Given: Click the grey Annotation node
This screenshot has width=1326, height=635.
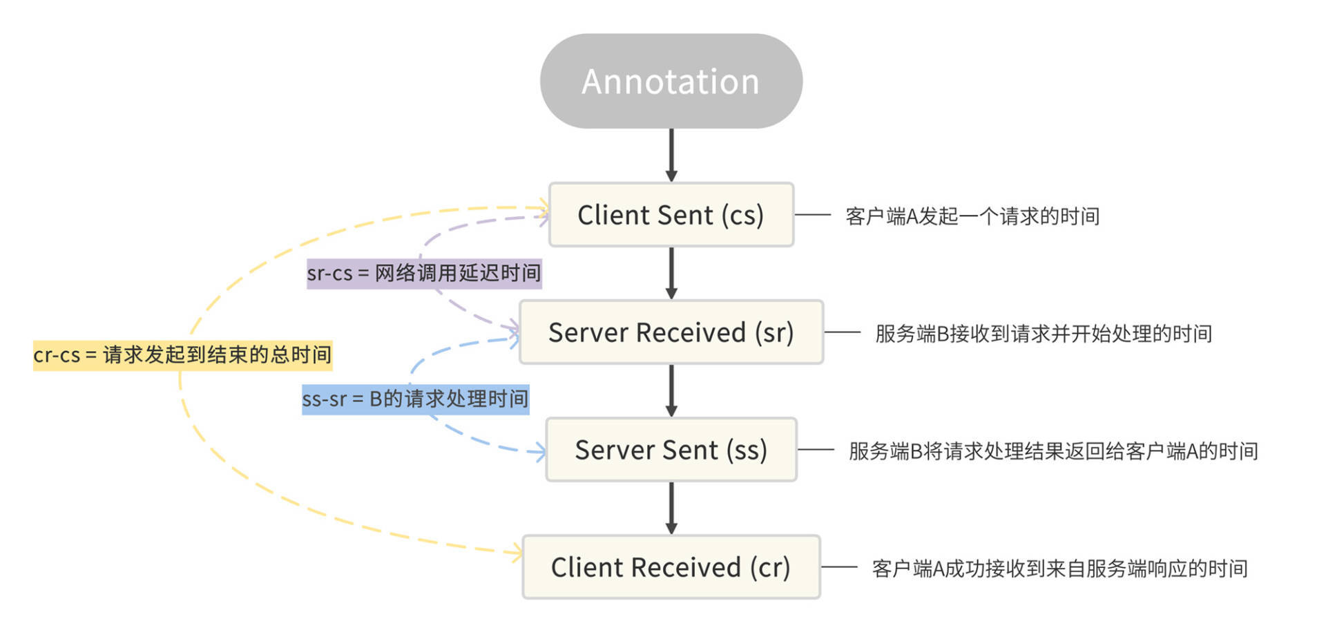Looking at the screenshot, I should pyautogui.click(x=671, y=81).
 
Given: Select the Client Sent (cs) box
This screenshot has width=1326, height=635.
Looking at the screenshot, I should pyautogui.click(x=671, y=215).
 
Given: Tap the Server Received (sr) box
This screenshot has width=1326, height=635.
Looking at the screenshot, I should pyautogui.click(x=671, y=332).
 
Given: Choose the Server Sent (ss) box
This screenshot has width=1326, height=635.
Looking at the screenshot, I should pyautogui.click(x=671, y=450).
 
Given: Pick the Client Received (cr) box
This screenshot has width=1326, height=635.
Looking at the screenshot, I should pyautogui.click(x=671, y=567).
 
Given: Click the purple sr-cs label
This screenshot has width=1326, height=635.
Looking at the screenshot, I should pyautogui.click(x=424, y=274).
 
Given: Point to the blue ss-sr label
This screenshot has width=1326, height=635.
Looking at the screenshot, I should pyautogui.click(x=415, y=399).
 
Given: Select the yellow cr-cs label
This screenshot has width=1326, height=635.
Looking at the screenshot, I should pyautogui.click(x=182, y=355).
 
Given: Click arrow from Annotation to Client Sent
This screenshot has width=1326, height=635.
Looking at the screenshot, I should pyautogui.click(x=671, y=155).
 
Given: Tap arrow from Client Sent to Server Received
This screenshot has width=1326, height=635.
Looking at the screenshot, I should pyautogui.click(x=671, y=273).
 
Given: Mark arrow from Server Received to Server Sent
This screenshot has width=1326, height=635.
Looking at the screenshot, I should pyautogui.click(x=671, y=390).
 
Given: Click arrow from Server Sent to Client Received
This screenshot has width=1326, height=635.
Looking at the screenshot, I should pyautogui.click(x=671, y=508).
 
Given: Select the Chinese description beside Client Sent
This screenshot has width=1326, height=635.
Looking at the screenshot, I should pyautogui.click(x=972, y=216).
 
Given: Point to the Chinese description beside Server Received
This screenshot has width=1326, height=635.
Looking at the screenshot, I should pyautogui.click(x=1043, y=334).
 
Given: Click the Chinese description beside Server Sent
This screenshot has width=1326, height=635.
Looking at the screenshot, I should pyautogui.click(x=1053, y=451).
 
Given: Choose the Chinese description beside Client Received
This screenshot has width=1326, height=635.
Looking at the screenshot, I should pyautogui.click(x=1059, y=569).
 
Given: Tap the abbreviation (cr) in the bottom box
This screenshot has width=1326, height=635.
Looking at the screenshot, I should pyautogui.click(x=770, y=567).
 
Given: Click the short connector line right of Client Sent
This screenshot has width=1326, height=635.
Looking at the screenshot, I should pyautogui.click(x=813, y=215).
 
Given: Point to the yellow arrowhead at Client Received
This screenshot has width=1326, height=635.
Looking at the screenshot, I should pyautogui.click(x=515, y=553).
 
